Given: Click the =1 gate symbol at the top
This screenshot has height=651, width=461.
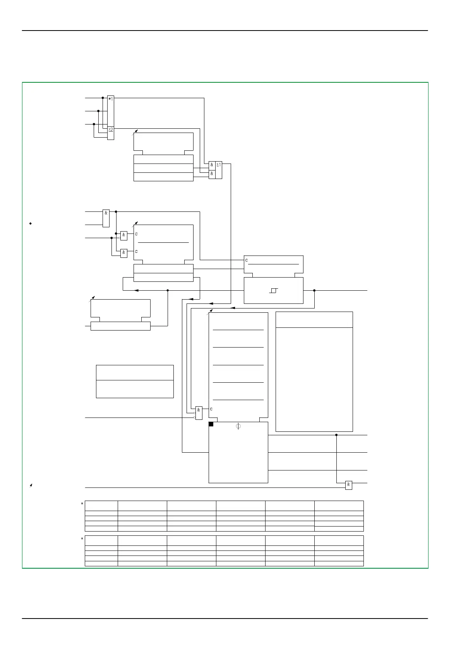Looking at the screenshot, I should [x=110, y=99].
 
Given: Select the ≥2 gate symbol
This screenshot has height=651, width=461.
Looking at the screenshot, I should [x=110, y=130].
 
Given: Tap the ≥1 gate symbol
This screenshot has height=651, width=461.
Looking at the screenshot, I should [x=219, y=165].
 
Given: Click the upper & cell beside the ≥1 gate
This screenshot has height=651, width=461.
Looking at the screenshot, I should [x=212, y=165].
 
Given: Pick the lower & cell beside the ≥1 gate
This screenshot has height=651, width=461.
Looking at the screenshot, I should [x=212, y=174].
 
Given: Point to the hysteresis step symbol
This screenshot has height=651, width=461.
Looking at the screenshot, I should [x=274, y=290].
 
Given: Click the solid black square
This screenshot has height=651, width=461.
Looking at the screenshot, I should [x=211, y=424].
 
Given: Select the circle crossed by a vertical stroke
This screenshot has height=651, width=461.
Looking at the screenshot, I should [x=238, y=426].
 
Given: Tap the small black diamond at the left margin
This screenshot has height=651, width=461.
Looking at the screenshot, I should [x=31, y=223].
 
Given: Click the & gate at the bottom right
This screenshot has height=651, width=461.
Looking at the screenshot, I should [x=348, y=485].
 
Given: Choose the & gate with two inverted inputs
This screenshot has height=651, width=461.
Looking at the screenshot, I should [x=199, y=412].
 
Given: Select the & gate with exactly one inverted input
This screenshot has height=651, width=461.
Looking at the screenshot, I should [x=123, y=235].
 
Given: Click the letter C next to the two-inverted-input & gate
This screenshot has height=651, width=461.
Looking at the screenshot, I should [x=211, y=409].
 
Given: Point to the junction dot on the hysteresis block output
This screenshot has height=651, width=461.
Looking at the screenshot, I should [x=314, y=290].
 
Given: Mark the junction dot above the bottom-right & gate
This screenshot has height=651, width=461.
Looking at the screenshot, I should [x=336, y=435].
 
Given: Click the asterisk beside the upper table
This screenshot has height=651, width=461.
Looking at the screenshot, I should [x=82, y=504].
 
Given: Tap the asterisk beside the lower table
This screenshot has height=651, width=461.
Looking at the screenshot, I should [x=82, y=539].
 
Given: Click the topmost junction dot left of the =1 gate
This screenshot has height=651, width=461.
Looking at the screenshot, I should [x=103, y=98].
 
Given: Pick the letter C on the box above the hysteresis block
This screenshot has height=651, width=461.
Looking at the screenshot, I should [x=247, y=260].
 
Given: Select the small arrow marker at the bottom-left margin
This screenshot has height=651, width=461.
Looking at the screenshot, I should [x=31, y=485].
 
